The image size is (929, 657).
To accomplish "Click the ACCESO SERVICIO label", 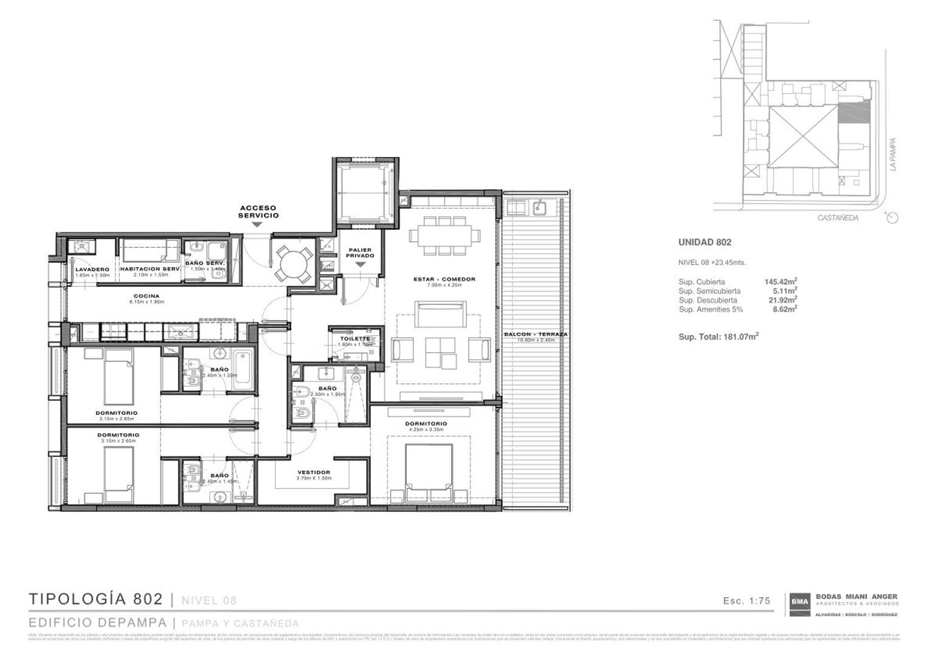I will (258, 212).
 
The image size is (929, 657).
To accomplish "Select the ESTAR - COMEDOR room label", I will (444, 279).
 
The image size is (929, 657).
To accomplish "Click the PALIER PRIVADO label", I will (360, 253).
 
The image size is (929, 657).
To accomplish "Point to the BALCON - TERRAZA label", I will (536, 335).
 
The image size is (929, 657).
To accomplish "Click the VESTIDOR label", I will (314, 473).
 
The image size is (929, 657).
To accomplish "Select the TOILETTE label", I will (355, 338).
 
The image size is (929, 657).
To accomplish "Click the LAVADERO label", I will (92, 269).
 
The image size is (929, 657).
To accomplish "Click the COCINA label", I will (147, 296).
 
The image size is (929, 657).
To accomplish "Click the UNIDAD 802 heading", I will (705, 242).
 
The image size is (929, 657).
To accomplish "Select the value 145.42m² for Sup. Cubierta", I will (781, 282).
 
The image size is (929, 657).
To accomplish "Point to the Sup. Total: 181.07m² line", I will (718, 336).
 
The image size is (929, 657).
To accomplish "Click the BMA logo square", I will (799, 602).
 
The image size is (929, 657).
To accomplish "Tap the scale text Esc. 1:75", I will (746, 601).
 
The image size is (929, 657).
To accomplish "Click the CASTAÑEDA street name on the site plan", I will (838, 218).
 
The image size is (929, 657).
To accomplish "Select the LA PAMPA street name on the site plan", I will (893, 154).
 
